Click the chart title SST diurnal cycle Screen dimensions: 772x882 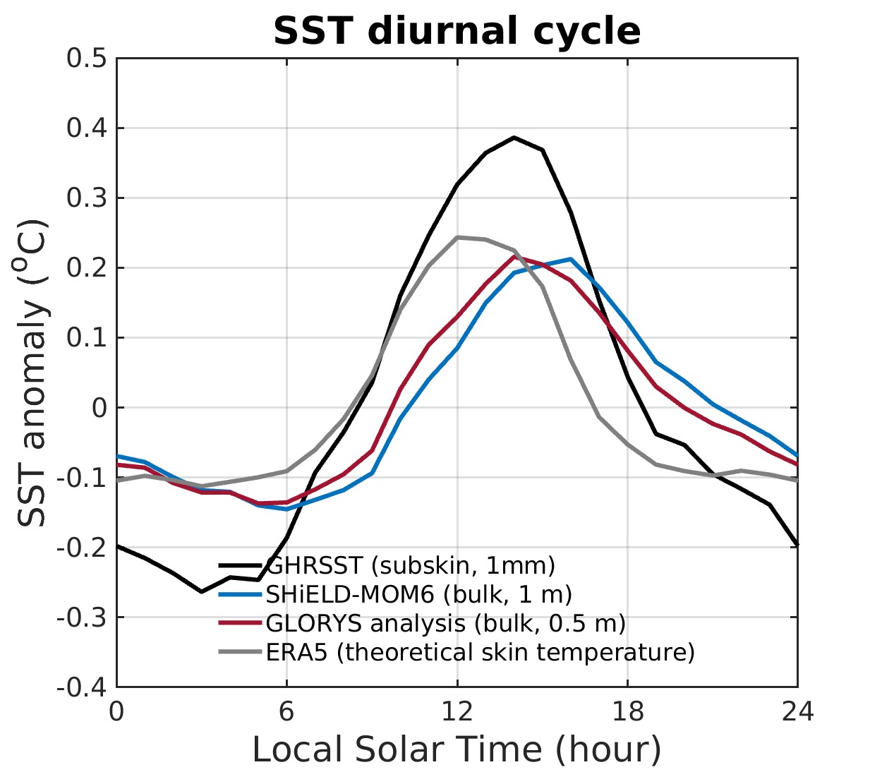pos(457,31)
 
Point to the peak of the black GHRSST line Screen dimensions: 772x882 pos(514,138)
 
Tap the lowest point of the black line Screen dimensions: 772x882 pos(202,591)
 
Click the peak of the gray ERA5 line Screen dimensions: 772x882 pos(457,237)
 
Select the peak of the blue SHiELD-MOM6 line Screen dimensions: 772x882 pos(571,259)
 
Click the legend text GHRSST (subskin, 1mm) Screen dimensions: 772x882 pos(411,565)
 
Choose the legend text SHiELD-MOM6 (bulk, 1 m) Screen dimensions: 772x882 pos(418,594)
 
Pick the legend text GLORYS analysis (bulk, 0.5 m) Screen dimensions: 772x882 pos(445,623)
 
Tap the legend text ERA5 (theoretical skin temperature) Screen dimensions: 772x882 pos(480,652)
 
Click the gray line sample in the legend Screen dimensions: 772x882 pos(241,652)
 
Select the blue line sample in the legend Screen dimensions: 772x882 pos(241,594)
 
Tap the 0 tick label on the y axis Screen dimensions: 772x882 pos(99,408)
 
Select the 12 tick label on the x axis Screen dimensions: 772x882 pos(457,711)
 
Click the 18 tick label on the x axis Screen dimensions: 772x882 pos(627,711)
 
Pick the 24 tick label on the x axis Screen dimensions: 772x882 pos(797,711)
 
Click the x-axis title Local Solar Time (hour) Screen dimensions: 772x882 pos(457,749)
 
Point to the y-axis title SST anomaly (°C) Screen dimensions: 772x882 pos(32,373)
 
